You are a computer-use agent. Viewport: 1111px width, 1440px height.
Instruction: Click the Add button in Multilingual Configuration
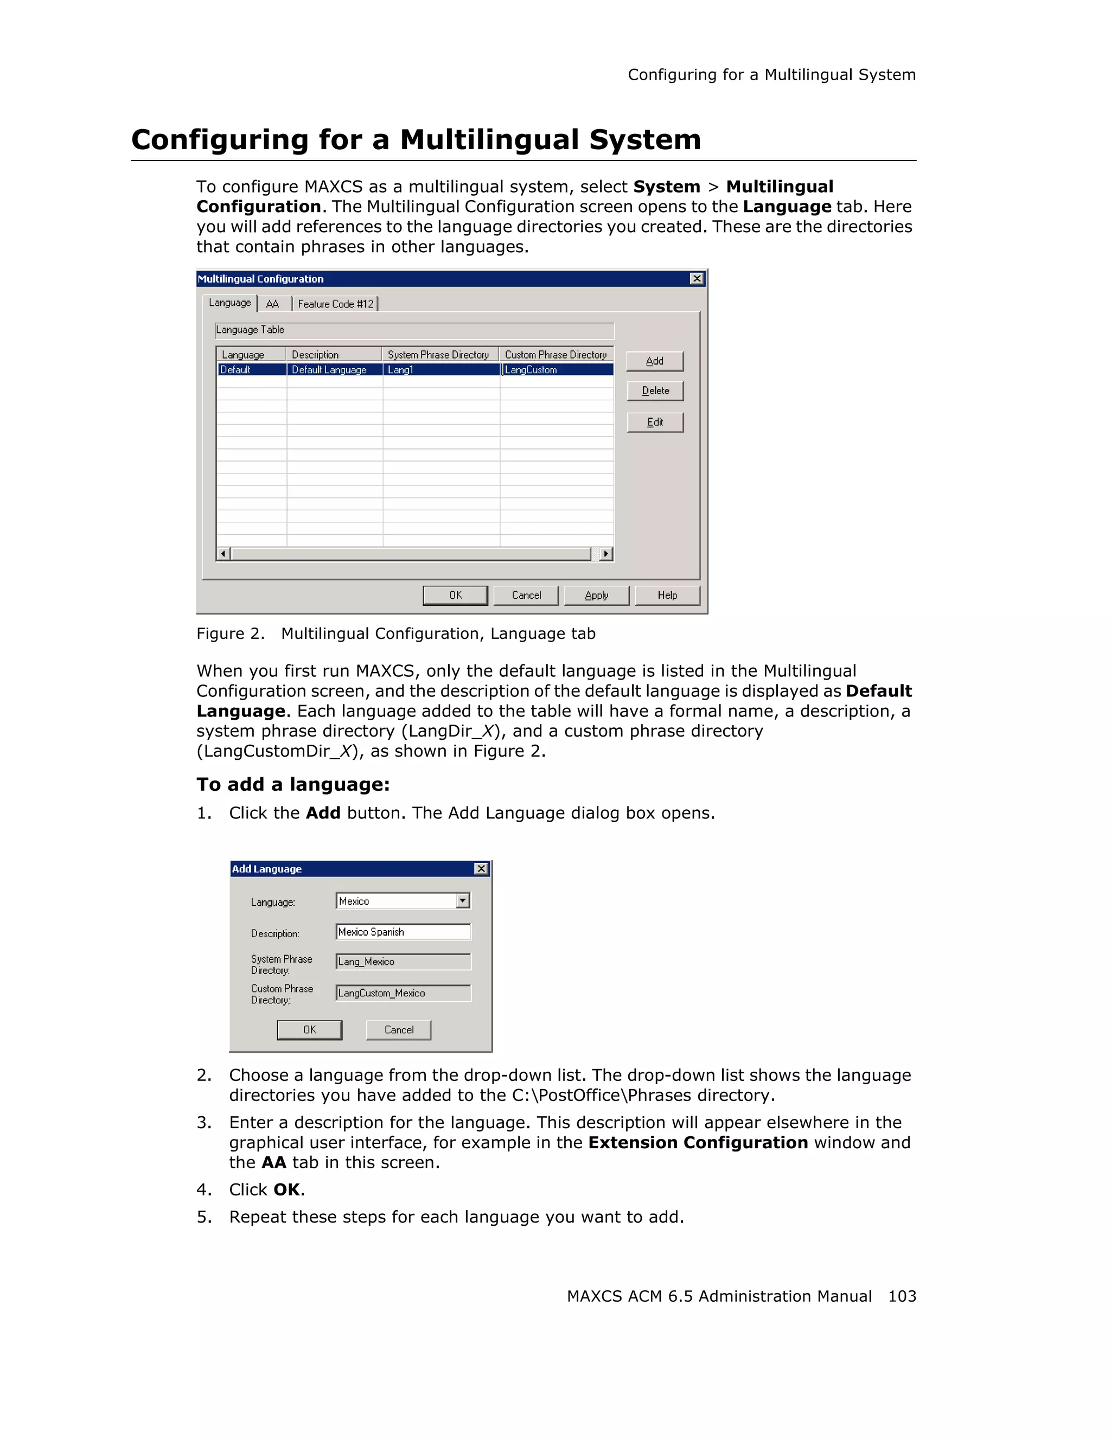[x=654, y=361]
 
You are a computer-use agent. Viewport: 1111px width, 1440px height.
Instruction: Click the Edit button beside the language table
[x=654, y=422]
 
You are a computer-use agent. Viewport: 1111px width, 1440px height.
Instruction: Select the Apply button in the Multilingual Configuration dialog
[x=596, y=595]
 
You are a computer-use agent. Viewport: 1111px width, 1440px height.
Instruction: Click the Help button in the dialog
[x=667, y=595]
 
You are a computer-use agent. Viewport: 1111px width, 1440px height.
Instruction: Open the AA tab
[x=272, y=304]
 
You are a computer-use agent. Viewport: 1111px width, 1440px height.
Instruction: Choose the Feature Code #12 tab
[x=335, y=304]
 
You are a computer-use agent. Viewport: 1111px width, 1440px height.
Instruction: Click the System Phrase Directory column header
[x=438, y=355]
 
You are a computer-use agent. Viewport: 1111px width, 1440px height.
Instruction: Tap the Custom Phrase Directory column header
[x=555, y=355]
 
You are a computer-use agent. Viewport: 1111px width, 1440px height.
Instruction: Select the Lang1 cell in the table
[x=440, y=370]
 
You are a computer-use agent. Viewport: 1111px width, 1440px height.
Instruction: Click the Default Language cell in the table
[x=334, y=370]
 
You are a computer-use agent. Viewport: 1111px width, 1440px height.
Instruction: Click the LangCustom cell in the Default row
[x=557, y=370]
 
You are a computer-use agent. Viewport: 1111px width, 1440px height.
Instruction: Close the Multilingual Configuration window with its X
[x=696, y=279]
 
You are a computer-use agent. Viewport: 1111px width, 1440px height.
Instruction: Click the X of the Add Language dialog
[x=481, y=869]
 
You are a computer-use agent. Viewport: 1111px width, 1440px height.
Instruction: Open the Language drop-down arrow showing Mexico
[x=463, y=901]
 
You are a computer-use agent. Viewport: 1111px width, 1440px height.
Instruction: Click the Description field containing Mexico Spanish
[x=403, y=932]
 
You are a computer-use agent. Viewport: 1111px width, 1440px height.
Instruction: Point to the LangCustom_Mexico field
[x=403, y=993]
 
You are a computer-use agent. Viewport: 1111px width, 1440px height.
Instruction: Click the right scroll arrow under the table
[x=606, y=554]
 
